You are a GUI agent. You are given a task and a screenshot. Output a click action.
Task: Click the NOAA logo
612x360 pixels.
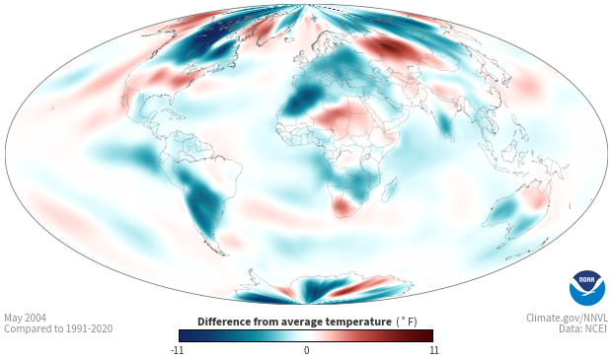(x=587, y=288)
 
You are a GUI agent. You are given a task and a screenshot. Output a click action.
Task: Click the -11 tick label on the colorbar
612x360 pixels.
(x=177, y=350)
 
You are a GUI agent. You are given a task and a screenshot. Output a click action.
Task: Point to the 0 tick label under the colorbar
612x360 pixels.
(x=306, y=350)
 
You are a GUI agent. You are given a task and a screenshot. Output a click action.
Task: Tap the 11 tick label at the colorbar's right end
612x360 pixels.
(x=433, y=350)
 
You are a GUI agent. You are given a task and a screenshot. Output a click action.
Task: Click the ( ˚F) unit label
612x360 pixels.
(x=407, y=323)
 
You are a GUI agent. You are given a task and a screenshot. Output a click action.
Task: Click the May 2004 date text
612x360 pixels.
(x=25, y=318)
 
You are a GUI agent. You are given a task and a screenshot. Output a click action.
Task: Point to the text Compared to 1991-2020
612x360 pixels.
(x=58, y=328)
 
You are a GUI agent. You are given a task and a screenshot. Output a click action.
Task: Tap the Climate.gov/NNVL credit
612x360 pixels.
(x=567, y=318)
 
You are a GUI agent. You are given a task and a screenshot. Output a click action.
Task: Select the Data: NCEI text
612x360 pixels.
(x=583, y=328)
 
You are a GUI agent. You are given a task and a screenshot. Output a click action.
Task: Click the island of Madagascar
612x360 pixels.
(x=389, y=189)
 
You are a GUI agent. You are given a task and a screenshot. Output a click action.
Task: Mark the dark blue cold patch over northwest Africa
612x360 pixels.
(x=302, y=100)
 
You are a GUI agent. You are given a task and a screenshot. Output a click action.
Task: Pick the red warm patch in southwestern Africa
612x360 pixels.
(x=343, y=205)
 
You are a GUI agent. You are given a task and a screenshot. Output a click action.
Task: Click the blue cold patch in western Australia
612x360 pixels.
(x=503, y=211)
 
